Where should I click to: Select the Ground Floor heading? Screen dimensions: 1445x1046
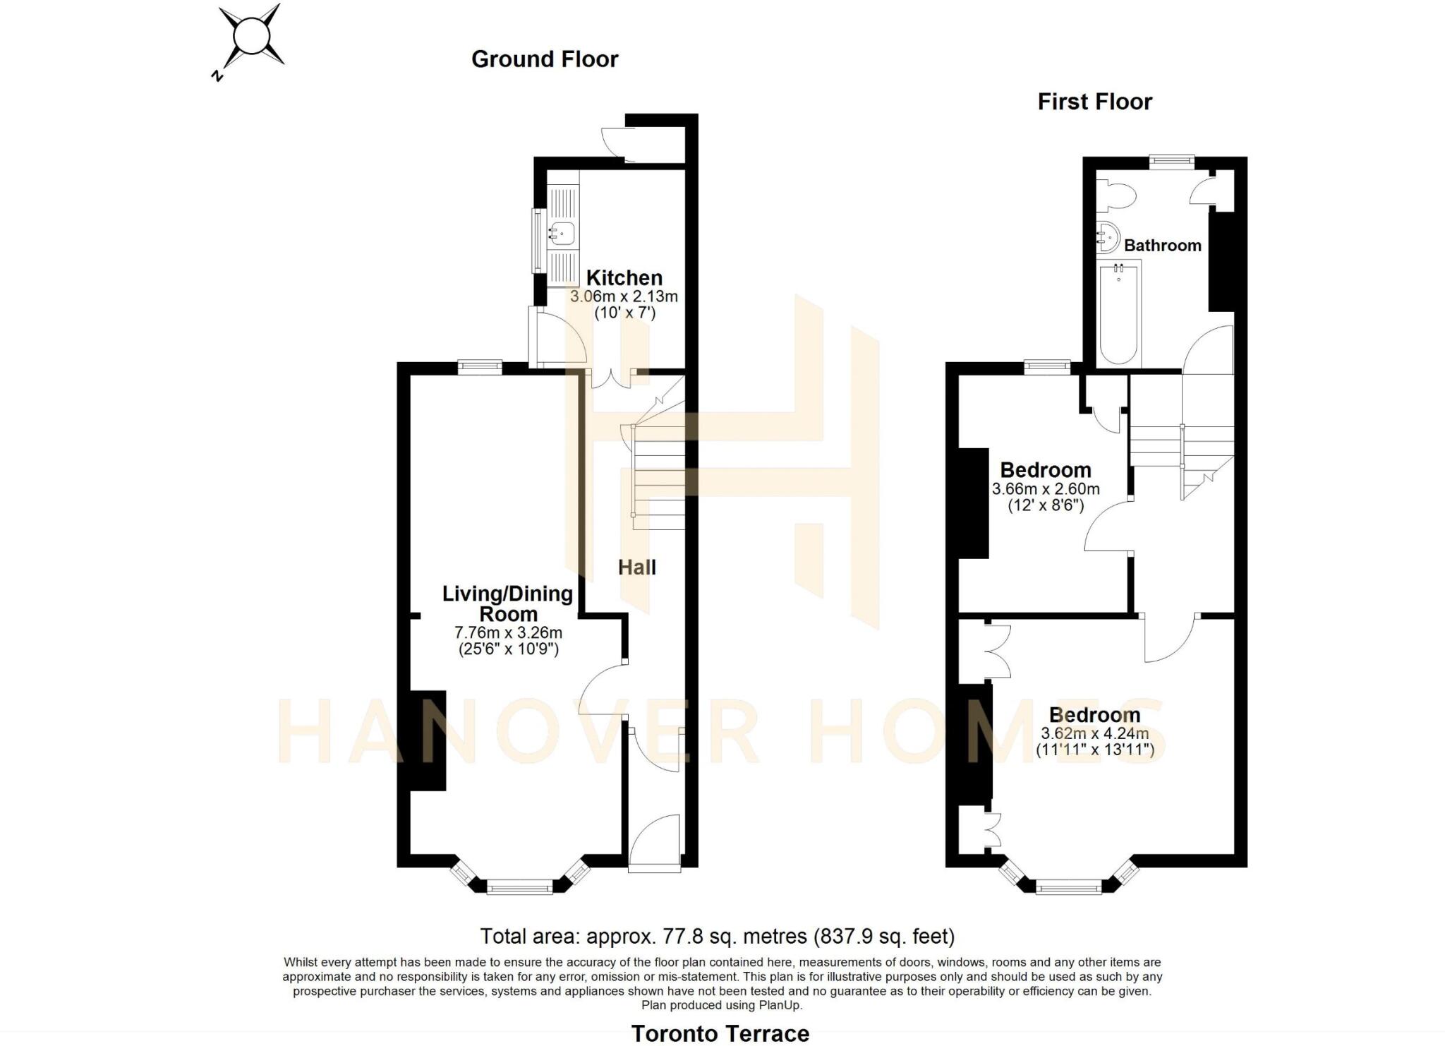click(545, 59)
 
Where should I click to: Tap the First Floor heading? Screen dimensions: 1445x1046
click(1094, 102)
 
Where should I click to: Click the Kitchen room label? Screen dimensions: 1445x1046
click(624, 277)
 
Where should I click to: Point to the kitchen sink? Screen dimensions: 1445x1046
click(563, 232)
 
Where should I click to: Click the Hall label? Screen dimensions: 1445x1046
click(637, 567)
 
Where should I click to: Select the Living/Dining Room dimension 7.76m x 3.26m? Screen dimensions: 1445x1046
click(508, 632)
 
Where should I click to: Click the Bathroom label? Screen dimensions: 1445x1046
click(1162, 246)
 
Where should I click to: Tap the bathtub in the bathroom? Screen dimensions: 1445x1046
click(1120, 313)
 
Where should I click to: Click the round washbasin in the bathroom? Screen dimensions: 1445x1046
click(1108, 237)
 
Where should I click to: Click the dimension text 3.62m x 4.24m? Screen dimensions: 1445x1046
click(1095, 734)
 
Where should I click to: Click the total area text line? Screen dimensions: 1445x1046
click(718, 937)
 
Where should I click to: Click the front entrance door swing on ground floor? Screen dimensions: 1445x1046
click(654, 840)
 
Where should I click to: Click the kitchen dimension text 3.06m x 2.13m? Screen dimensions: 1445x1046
click(624, 296)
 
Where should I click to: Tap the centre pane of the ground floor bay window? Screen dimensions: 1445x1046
click(520, 886)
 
